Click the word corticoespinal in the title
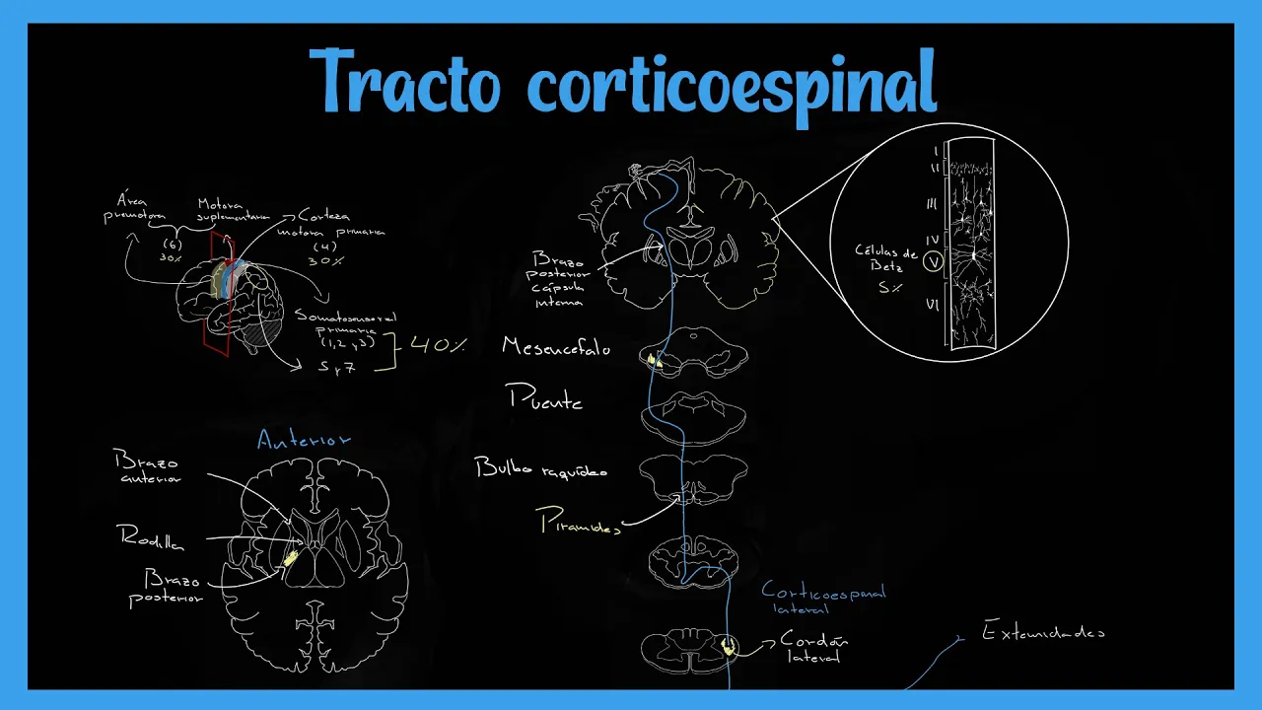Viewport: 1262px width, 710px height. coord(731,83)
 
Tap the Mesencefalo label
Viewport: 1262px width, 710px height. coord(556,347)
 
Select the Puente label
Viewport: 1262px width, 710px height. coord(545,398)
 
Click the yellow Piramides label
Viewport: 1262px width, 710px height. coord(580,523)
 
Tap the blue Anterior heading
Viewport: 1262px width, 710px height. coord(304,440)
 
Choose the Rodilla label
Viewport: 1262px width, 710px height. coord(152,537)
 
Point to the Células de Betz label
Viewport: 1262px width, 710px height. coord(886,259)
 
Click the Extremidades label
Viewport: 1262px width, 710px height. coord(1043,632)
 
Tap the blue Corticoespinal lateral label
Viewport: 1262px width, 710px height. coord(823,599)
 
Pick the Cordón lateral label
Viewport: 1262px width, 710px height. coord(813,647)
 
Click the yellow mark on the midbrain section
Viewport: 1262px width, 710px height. coord(654,361)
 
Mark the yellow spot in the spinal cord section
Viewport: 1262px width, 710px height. coord(729,647)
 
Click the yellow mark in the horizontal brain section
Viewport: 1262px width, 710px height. coord(290,559)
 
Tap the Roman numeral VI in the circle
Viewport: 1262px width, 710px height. coord(931,305)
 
